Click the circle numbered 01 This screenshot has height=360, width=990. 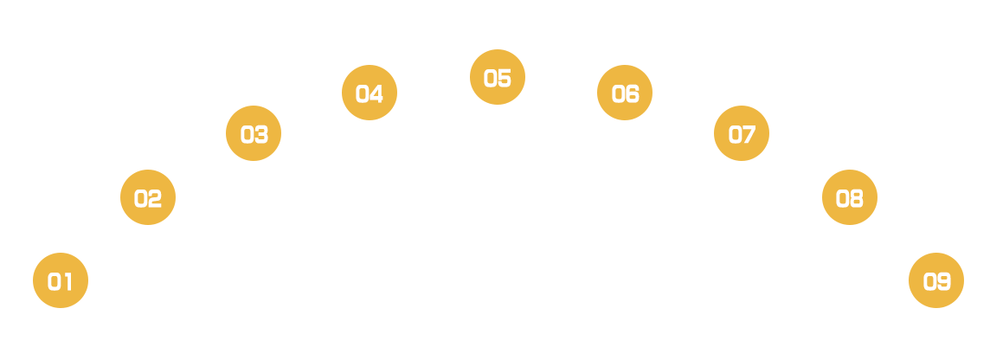coord(61,280)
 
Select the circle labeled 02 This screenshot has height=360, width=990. coord(148,197)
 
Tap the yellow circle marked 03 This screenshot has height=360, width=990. coord(254,134)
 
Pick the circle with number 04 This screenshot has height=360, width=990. coord(370,93)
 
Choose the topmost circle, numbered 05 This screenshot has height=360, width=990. coord(498,78)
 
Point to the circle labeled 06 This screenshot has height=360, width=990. coord(625,93)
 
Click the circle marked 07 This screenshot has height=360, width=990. coord(742,134)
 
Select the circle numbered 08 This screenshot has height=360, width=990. coord(849,197)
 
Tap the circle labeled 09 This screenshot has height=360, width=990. coord(936,280)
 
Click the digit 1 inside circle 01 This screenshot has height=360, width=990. coord(67,281)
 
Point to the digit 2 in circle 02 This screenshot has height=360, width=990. coord(156,198)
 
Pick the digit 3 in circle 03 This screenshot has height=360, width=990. coord(261,135)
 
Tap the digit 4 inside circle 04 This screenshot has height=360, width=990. coord(377,93)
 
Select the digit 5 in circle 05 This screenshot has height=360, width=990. coord(505,79)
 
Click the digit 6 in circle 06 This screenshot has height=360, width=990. coord(633,93)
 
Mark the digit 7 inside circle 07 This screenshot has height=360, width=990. coord(749,135)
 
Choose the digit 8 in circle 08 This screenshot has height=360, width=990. coord(857,198)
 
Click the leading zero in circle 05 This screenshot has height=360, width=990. coord(490,79)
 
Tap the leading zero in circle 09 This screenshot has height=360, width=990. coord(929,281)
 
